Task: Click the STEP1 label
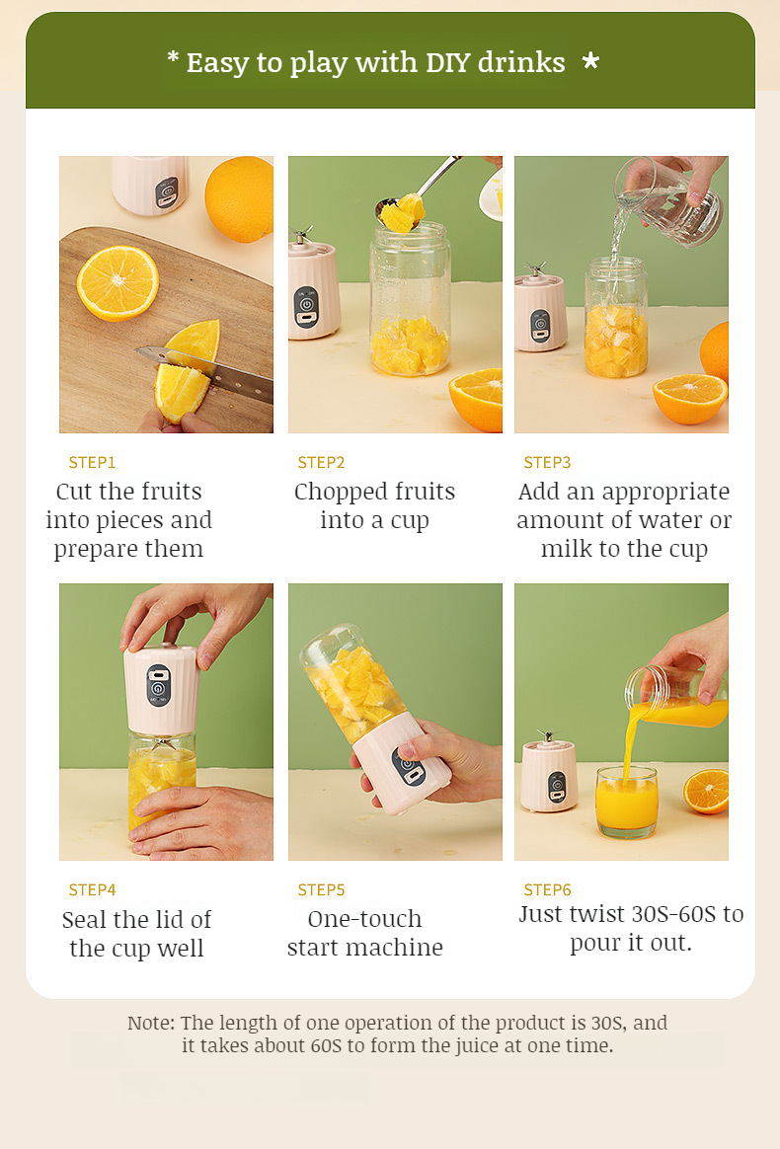click(x=93, y=462)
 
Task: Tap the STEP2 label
click(x=321, y=462)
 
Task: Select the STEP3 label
click(x=547, y=462)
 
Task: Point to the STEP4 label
click(x=93, y=889)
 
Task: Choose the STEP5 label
click(x=321, y=889)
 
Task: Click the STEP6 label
click(x=547, y=889)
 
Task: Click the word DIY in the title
click(x=448, y=63)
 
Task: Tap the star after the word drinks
click(x=590, y=61)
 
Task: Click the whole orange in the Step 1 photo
click(x=240, y=198)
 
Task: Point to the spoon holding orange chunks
click(x=414, y=194)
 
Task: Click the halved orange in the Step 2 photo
click(x=477, y=400)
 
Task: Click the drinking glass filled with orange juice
click(x=627, y=802)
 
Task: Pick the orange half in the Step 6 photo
click(x=707, y=791)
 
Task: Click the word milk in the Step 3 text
click(x=564, y=549)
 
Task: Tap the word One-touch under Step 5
click(x=365, y=919)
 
